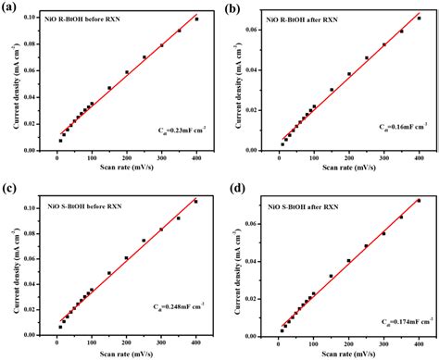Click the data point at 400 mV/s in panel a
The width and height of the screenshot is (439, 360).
click(196, 19)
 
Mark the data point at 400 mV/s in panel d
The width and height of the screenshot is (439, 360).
click(419, 200)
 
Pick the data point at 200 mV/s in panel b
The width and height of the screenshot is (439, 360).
click(349, 74)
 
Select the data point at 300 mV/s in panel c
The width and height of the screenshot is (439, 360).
click(161, 230)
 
